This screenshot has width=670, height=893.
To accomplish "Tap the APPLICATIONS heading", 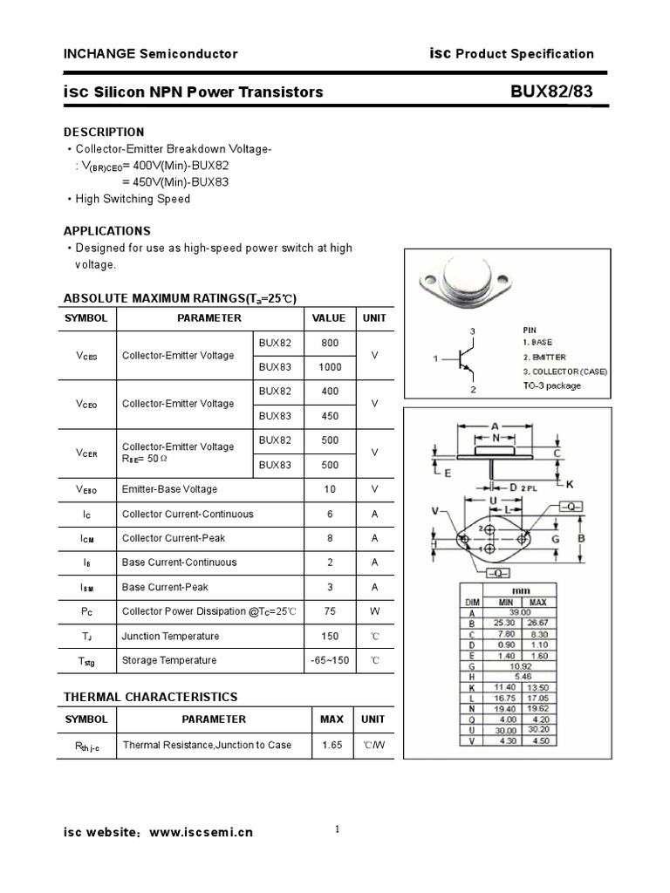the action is (x=106, y=231).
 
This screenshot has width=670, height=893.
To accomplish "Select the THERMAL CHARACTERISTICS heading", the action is (x=150, y=697).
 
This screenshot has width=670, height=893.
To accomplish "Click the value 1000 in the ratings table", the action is (x=331, y=367).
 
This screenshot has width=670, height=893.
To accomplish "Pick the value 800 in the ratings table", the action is (x=331, y=343).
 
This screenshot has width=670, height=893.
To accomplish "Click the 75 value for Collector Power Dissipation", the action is (x=331, y=611).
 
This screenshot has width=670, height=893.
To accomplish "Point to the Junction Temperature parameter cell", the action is (x=170, y=636).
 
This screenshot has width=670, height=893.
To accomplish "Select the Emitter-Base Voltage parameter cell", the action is (x=169, y=489).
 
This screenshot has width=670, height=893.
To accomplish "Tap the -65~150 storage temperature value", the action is (x=330, y=660).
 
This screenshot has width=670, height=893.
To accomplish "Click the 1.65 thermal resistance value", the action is (x=332, y=745).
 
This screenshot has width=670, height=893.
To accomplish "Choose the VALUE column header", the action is (x=329, y=318).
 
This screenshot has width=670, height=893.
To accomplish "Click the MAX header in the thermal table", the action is (x=332, y=719).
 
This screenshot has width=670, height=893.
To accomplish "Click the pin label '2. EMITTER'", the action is (x=544, y=358).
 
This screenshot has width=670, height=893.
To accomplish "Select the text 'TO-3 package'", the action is (x=551, y=385).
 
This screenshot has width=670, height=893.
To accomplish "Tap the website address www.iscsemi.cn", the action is (x=202, y=832).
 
